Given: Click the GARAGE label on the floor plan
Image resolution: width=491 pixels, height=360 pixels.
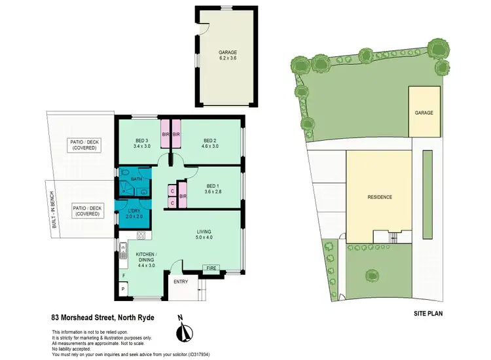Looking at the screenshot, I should coord(227,52).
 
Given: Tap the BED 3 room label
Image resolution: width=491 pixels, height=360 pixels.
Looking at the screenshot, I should coord(143,140).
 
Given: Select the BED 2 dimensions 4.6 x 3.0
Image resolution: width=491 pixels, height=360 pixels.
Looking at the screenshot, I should coord(209,147).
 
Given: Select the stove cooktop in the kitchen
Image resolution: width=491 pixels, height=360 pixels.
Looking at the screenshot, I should coord(139,235).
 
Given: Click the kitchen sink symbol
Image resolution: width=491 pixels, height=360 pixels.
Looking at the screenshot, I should coord(122,249).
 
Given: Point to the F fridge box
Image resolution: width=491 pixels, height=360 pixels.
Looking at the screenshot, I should coord(123,276).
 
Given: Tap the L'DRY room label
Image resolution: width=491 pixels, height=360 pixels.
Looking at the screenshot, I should coord(134,210).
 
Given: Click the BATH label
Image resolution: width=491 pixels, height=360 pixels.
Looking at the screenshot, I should coord(136,179).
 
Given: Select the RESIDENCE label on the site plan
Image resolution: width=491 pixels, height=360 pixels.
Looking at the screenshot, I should coord(379,196).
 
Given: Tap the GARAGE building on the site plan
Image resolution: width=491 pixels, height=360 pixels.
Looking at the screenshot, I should coord(424,113).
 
